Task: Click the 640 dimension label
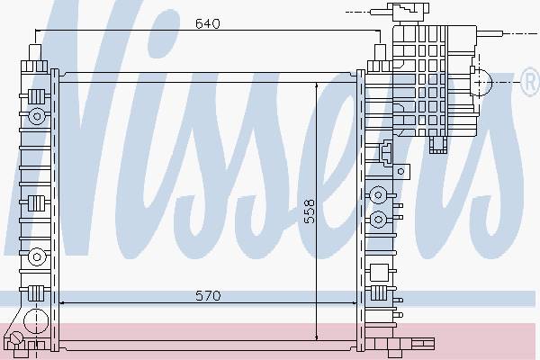pos(207,23)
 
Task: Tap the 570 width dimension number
pos(208,295)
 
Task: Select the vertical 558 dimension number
pos(310,211)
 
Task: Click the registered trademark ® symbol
pos(530,82)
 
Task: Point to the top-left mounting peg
pos(35,52)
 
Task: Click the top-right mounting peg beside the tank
pos(380,52)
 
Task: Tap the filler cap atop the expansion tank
pos(408,13)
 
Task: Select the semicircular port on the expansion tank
pos(482,82)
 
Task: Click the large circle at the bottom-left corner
pos(35,320)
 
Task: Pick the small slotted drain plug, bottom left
pos(16,337)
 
